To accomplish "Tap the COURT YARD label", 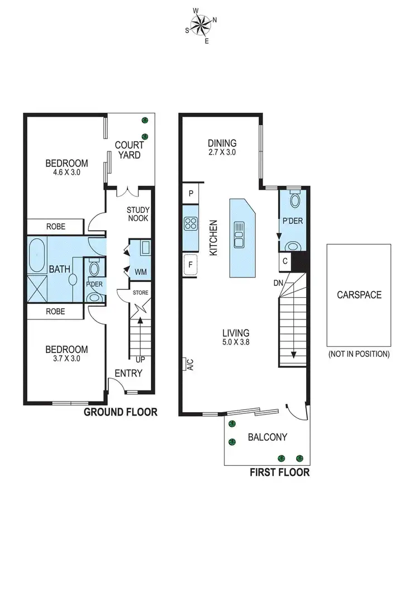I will point(130,150).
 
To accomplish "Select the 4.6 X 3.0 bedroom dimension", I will point(66,173).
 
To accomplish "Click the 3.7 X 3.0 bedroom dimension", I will point(66,359).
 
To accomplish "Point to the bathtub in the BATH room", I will point(37,255).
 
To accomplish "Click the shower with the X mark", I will point(37,289).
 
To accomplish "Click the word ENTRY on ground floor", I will point(128,373).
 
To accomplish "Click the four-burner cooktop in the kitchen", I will point(191,224).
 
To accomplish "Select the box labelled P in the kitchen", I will point(191,194).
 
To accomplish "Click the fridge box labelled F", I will point(191,265).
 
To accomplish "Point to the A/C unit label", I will point(190,364).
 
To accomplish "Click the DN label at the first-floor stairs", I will point(278,283).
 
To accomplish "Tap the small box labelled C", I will point(285,261).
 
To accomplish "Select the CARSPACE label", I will point(359,294).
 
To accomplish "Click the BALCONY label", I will point(267,437).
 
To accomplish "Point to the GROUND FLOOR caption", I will point(120,412).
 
